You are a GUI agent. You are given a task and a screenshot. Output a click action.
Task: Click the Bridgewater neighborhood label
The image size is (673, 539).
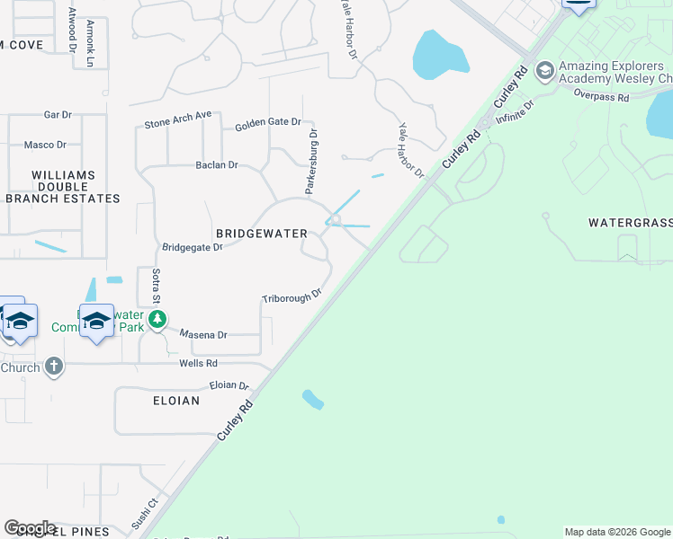[x=256, y=233]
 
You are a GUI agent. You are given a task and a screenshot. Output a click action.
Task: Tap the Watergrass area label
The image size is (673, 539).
[x=630, y=222]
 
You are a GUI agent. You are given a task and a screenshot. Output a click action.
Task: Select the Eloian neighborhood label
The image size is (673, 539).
[x=171, y=401]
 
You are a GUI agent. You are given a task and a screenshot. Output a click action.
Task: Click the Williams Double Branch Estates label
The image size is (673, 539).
[x=63, y=187]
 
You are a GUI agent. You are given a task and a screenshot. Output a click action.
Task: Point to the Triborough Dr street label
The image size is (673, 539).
[x=292, y=296]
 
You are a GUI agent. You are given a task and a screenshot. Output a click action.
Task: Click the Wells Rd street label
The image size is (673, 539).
[x=198, y=363]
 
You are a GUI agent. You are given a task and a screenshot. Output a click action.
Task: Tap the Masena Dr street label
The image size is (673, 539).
[x=203, y=334]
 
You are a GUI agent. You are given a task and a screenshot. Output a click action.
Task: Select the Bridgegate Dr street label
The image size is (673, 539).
[x=192, y=247]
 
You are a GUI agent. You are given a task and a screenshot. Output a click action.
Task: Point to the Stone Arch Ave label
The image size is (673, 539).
[x=177, y=119]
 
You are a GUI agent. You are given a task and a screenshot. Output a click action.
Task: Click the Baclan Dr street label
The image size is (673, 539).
[x=217, y=165]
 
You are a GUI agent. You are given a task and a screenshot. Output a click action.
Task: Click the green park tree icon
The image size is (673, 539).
[x=157, y=319]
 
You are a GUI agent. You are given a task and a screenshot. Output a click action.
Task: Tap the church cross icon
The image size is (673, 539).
[x=53, y=367]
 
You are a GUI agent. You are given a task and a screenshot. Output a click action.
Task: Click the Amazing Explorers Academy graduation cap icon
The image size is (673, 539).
[x=543, y=70]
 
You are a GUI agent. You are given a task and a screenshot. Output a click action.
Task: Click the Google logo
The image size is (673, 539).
[x=30, y=528]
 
